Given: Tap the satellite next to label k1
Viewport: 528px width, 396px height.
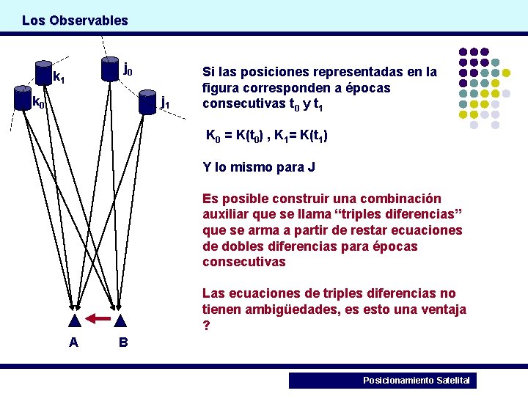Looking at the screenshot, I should pyautogui.click(x=44, y=70).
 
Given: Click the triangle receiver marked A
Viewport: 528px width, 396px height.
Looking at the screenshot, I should pyautogui.click(x=74, y=320).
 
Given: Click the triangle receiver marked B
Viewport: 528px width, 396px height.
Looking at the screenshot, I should pyautogui.click(x=121, y=320).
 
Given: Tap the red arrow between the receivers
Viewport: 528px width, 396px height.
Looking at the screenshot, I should pyautogui.click(x=98, y=318).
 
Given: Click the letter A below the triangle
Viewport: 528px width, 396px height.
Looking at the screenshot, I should pyautogui.click(x=74, y=342).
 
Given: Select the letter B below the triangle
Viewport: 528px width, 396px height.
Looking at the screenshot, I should pyautogui.click(x=123, y=342).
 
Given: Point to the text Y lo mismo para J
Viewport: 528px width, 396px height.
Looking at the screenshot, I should pyautogui.click(x=259, y=167).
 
